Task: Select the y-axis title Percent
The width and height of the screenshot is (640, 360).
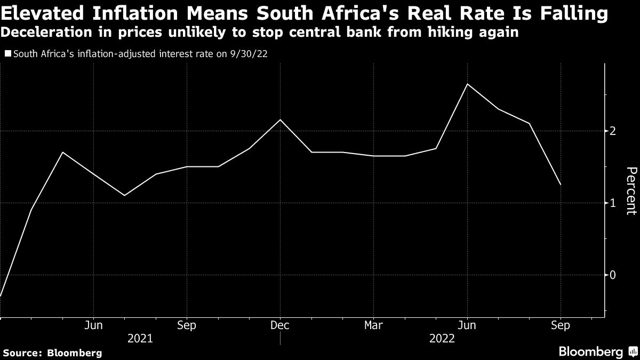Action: (x=631, y=190)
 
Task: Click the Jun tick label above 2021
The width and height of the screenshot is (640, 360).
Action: (x=94, y=325)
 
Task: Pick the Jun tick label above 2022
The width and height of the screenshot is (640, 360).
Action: (x=467, y=325)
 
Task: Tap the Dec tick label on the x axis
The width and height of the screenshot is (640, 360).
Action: (x=280, y=325)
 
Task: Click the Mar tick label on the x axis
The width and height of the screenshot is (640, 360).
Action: (x=373, y=325)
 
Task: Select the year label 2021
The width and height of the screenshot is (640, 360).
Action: (x=140, y=339)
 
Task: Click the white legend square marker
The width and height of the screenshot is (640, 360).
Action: (x=7, y=54)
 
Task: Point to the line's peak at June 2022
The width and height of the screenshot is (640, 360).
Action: (x=467, y=84)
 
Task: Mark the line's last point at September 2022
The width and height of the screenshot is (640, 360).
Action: (x=561, y=185)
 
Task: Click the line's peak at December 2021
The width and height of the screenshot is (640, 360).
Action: (x=281, y=119)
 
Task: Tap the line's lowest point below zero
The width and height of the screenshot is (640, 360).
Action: (x=1, y=295)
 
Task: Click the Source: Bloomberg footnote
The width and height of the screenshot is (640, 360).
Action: (x=52, y=353)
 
